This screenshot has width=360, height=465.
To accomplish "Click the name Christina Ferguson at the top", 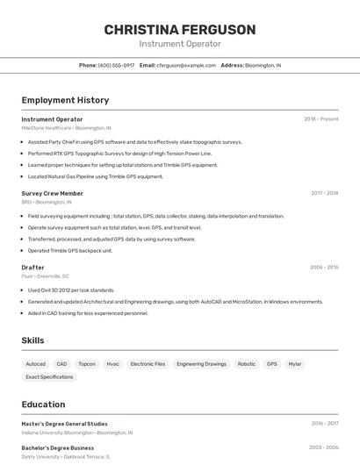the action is tap(180, 30).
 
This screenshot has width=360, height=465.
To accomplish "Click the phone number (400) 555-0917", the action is tap(116, 66).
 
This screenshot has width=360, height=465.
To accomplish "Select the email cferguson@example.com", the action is tap(186, 66).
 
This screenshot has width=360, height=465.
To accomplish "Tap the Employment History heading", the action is tap(65, 100).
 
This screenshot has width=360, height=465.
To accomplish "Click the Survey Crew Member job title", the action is tap(53, 193).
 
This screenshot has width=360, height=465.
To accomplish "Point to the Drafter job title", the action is tap(33, 268).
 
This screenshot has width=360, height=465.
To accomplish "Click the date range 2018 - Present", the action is tap(320, 119).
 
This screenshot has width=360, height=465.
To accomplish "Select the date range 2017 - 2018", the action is tap(324, 193).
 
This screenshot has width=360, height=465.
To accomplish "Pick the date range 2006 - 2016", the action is tap(324, 268).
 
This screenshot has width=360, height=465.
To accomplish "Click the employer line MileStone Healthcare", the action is tap(67, 128).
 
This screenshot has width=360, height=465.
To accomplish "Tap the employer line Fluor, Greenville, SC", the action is tap(46, 276).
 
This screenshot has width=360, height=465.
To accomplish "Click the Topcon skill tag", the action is tap(87, 363).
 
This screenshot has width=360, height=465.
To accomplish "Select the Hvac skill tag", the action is tap(113, 363).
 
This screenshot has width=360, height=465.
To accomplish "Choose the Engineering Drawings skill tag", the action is tap(201, 363).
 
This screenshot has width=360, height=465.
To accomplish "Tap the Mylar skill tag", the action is tap(295, 363).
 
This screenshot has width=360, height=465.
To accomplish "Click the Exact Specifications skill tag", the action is tap(49, 377).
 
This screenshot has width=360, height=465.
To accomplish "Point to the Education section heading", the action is tap(44, 404).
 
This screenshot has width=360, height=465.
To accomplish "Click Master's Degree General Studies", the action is tap(65, 424).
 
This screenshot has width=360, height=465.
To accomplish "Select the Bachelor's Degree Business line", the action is tap(58, 447).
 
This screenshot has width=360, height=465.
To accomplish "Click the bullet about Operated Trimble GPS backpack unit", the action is tap(70, 250).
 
